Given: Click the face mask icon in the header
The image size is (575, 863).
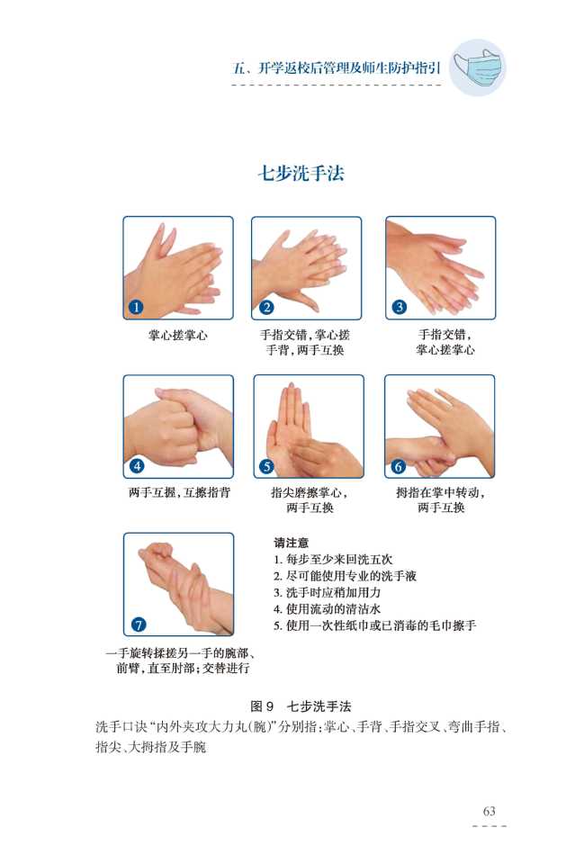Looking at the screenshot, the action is pyautogui.click(x=477, y=67).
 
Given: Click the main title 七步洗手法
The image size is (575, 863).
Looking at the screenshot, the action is pyautogui.click(x=301, y=173).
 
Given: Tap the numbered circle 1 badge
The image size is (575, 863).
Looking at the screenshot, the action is pyautogui.click(x=136, y=307).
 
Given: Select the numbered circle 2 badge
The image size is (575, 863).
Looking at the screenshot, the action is pyautogui.click(x=266, y=307).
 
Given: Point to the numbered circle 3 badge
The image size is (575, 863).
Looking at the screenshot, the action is pyautogui.click(x=400, y=307).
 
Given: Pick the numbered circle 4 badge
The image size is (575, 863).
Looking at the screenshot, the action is pyautogui.click(x=137, y=465).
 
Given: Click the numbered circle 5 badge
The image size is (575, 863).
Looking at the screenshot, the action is pyautogui.click(x=266, y=466).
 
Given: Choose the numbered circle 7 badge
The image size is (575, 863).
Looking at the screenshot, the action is pyautogui.click(x=138, y=625).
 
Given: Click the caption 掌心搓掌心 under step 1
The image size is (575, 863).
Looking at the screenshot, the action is pyautogui.click(x=178, y=335).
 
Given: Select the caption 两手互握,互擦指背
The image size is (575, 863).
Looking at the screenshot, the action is pyautogui.click(x=179, y=492).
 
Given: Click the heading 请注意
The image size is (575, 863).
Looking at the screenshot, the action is pyautogui.click(x=291, y=543).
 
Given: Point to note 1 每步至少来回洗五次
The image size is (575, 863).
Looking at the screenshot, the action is pyautogui.click(x=333, y=559).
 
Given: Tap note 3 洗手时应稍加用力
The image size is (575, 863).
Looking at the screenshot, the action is pyautogui.click(x=328, y=592).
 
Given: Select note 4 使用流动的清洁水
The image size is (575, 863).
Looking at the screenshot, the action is pyautogui.click(x=328, y=608).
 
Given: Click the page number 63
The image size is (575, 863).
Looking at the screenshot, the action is pyautogui.click(x=490, y=811).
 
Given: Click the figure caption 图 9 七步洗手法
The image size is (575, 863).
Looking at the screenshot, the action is pyautogui.click(x=301, y=706).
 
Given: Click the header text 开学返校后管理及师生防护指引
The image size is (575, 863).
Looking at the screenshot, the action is pyautogui.click(x=350, y=68).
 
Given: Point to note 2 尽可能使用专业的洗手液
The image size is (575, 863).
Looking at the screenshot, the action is pyautogui.click(x=345, y=576).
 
